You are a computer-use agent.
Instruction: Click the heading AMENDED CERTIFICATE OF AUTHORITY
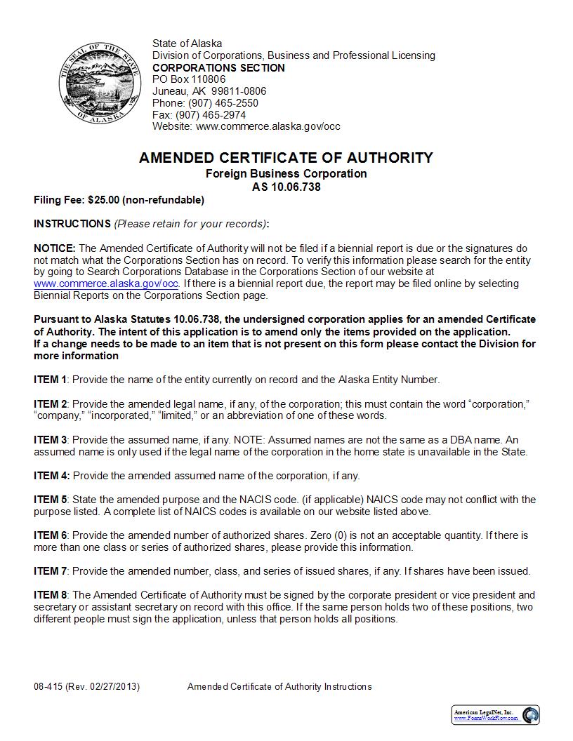(x=286, y=158)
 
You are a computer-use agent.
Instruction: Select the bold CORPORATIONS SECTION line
(x=218, y=68)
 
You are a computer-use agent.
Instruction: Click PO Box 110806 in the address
(x=189, y=79)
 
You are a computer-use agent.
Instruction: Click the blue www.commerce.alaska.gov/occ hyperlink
(x=106, y=284)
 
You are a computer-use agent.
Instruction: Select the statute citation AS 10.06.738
(x=286, y=187)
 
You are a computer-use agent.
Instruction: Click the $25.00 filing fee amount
(x=103, y=200)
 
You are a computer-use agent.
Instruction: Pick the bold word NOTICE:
(x=55, y=248)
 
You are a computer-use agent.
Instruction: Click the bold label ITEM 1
(x=50, y=380)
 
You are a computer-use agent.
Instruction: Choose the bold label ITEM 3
(x=50, y=440)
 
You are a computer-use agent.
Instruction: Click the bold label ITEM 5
(x=50, y=500)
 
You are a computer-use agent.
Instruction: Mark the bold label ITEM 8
(x=50, y=595)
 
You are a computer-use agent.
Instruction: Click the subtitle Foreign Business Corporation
(x=286, y=173)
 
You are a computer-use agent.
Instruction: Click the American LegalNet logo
(x=495, y=715)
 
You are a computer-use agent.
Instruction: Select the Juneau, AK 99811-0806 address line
(x=209, y=91)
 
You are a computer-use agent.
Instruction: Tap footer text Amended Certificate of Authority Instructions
(x=279, y=687)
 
